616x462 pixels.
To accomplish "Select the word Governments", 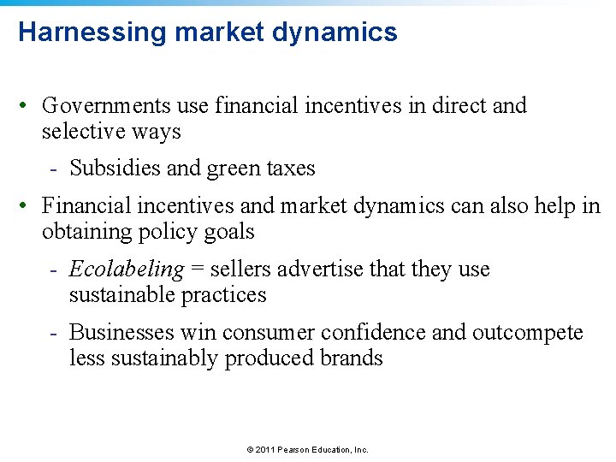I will [x=106, y=106].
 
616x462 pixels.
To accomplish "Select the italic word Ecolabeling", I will [x=126, y=269].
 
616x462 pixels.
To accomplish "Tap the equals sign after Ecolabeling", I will [x=197, y=270].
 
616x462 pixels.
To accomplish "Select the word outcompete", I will [x=528, y=332].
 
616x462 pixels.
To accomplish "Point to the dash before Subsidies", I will [x=53, y=169].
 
